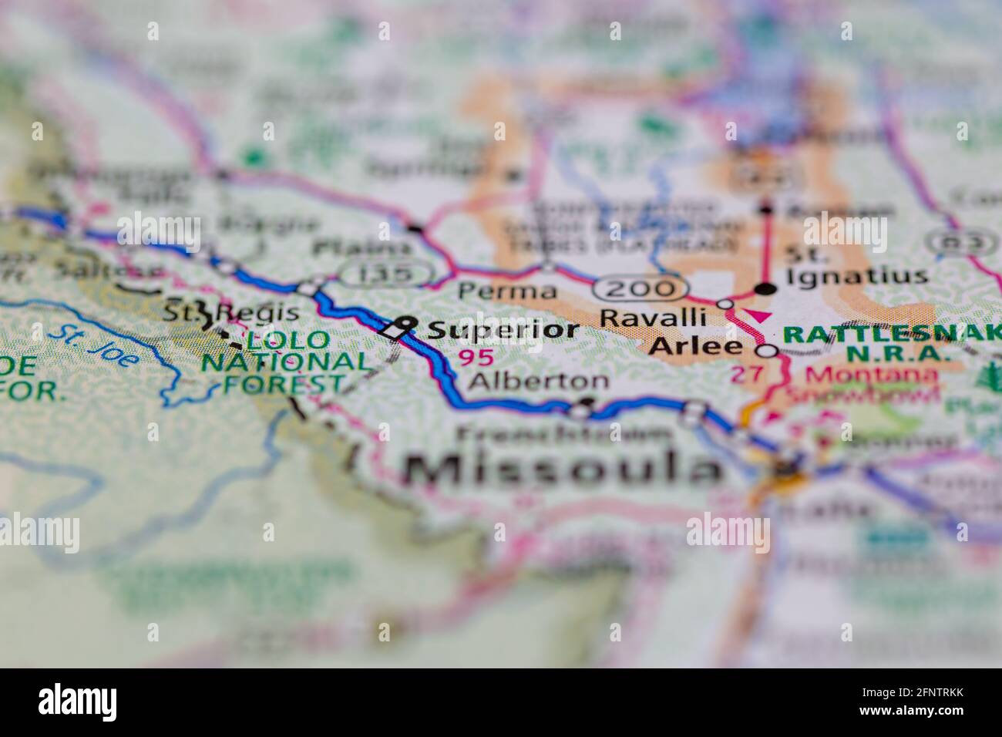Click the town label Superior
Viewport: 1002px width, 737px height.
tap(503, 331)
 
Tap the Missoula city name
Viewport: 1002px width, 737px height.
tap(563, 467)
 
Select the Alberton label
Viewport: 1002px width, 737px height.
tap(538, 381)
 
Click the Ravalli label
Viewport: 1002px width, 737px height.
tap(653, 317)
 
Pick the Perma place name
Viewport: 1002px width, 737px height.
tap(506, 291)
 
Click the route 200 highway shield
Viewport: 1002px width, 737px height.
tap(640, 289)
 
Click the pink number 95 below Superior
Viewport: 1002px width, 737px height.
tap(476, 358)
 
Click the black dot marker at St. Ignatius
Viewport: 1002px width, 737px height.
tap(765, 289)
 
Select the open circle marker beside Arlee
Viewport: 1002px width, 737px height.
tap(767, 352)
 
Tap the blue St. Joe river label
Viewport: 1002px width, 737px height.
tap(92, 347)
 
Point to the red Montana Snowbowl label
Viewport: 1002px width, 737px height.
tap(863, 385)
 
